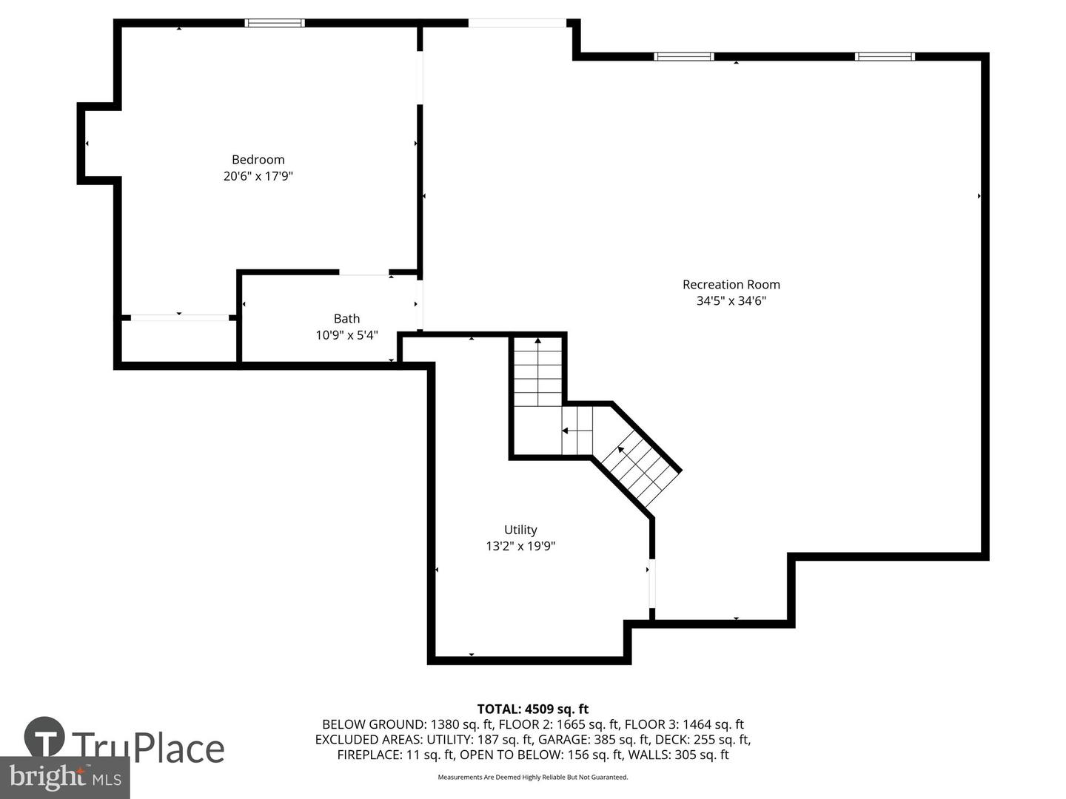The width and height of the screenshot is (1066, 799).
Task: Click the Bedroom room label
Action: tap(258, 160)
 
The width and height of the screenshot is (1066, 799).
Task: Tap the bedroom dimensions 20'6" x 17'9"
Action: tap(258, 176)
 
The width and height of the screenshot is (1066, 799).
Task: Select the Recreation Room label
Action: tap(731, 284)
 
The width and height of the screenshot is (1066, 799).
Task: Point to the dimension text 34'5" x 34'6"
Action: tap(731, 301)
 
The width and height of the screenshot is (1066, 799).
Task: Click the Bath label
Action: tap(346, 319)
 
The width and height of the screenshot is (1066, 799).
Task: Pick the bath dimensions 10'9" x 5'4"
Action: tap(346, 335)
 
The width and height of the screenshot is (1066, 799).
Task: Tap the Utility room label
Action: tap(520, 530)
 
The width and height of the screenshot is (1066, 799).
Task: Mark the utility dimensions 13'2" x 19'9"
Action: tap(520, 546)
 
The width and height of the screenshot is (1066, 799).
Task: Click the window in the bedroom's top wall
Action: tap(275, 23)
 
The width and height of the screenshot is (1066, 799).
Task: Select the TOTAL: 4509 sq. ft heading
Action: tap(533, 709)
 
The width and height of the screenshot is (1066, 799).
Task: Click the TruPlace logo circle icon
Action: tap(44, 736)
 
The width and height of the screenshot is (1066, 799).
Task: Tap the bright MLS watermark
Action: tap(64, 778)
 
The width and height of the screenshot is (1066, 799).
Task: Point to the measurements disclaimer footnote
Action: tap(533, 777)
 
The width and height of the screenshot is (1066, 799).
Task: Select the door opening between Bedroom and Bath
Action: tap(363, 273)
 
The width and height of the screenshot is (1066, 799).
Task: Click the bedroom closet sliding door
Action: tap(180, 318)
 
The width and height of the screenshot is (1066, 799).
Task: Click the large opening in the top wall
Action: tap(517, 23)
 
